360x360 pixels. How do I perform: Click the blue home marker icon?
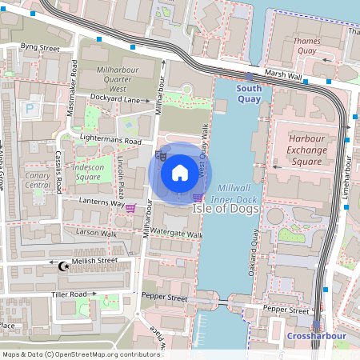point(180,172)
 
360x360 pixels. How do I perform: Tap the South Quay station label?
point(249,94)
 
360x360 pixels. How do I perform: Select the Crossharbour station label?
point(309,336)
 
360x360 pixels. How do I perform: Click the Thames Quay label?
point(306,45)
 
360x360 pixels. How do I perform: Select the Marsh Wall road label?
point(283,75)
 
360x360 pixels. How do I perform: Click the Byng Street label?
point(40,49)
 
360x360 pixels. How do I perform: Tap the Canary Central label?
point(38,179)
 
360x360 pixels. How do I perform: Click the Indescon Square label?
point(87,172)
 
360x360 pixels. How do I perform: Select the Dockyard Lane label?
point(115,100)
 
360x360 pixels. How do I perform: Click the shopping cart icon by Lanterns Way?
point(130,208)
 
